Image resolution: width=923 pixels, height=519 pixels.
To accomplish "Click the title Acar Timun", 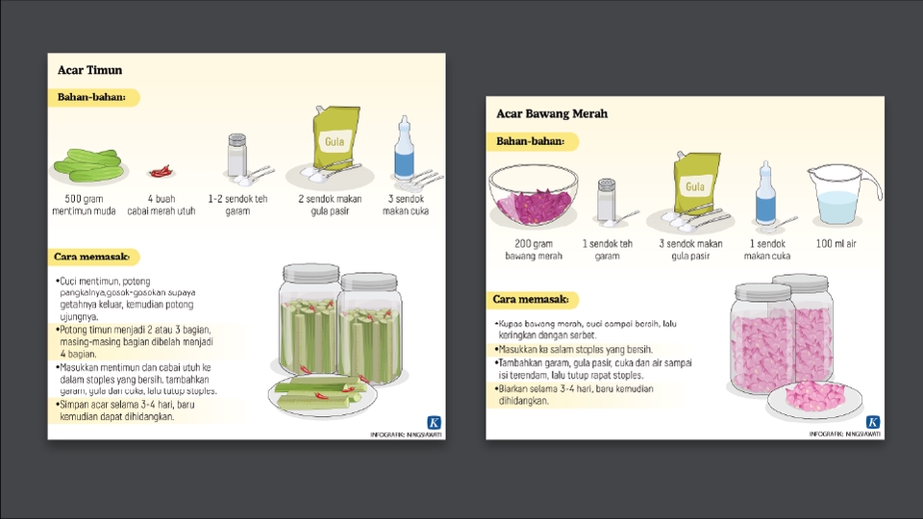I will tap(89, 70).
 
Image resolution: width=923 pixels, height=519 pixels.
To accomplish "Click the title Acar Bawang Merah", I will tap(552, 113).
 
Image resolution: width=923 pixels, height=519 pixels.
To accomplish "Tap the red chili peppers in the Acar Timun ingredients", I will tap(162, 171).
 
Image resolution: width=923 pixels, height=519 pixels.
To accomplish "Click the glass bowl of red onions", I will tap(534, 196).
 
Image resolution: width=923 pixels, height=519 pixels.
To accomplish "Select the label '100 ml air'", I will tap(836, 244).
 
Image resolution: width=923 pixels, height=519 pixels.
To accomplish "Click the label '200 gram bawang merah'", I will tap(534, 250).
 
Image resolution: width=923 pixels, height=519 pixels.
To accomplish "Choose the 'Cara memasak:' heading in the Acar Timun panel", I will tap(96, 258).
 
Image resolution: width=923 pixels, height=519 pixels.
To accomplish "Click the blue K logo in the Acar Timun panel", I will tap(435, 422).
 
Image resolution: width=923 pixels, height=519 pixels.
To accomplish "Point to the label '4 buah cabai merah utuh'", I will tap(162, 205).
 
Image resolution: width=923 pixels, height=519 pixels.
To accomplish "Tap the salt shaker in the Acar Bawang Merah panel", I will tap(606, 199).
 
